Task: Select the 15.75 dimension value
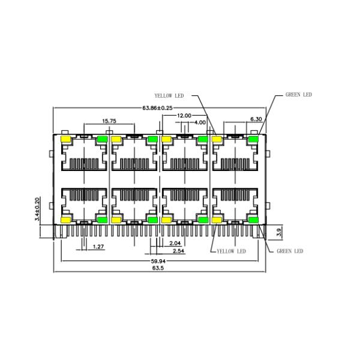(x=109, y=121)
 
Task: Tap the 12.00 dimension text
(x=184, y=115)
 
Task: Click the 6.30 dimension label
(x=255, y=119)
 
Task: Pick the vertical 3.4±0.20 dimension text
(x=37, y=210)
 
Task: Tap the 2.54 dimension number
(x=178, y=251)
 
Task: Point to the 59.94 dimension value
(x=158, y=262)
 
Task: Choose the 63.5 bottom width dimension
(x=158, y=269)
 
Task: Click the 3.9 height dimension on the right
(x=278, y=232)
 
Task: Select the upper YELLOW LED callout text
(x=169, y=95)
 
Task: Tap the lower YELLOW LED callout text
(x=231, y=251)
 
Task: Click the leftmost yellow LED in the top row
(x=65, y=140)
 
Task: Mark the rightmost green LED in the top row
(x=253, y=140)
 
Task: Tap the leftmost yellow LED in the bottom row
(x=65, y=220)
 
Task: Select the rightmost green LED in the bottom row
(x=253, y=220)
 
